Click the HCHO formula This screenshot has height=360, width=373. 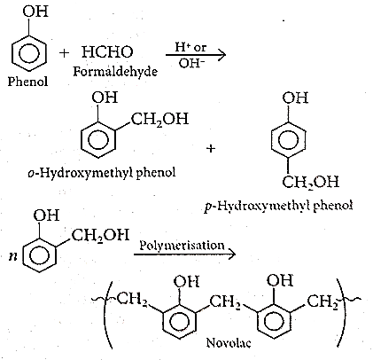click(107, 52)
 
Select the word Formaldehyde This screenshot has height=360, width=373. click(115, 71)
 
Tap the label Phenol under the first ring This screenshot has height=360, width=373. click(27, 81)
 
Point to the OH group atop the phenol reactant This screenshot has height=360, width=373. click(35, 12)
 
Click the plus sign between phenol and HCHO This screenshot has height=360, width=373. click(64, 53)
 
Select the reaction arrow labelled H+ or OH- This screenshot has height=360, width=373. click(196, 55)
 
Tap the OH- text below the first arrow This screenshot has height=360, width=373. click(191, 63)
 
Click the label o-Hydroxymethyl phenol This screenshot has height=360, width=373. click(102, 172)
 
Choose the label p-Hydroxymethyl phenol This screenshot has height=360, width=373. click(278, 205)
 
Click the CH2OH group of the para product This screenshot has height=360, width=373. click(310, 182)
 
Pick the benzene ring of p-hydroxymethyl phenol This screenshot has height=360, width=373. click(288, 139)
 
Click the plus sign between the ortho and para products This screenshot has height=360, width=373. click(211, 148)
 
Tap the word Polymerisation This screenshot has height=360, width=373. click(182, 246)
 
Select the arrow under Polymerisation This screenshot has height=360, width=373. click(185, 254)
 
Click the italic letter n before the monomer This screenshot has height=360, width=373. click(12, 256)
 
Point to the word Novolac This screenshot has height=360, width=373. click(229, 343)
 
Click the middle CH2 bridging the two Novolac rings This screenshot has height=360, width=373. click(225, 302)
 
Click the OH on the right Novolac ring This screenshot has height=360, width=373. click(280, 280)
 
